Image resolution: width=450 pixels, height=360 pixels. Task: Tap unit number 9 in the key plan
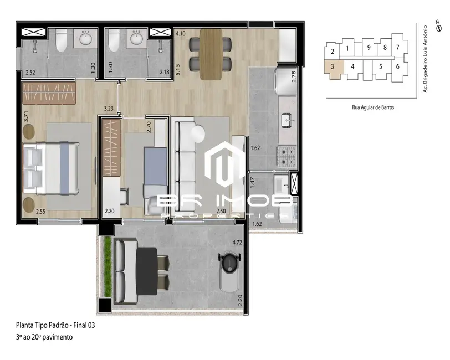coord(369,48)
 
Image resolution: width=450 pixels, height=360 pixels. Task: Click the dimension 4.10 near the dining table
coord(180,34)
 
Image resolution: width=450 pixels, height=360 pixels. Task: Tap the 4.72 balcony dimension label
coord(237,243)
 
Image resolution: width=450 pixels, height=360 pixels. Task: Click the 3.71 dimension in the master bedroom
coord(25,117)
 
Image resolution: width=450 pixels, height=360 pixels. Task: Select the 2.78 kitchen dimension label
coord(294,77)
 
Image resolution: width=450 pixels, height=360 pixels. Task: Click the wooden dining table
coord(211,54)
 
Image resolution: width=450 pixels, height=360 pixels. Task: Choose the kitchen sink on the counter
coord(287,119)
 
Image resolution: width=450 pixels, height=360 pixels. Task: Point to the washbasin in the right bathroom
coord(136,38)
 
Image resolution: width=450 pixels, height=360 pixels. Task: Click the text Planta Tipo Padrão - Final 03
coord(55,326)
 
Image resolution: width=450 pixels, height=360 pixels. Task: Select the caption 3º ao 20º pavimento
coord(44,337)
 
